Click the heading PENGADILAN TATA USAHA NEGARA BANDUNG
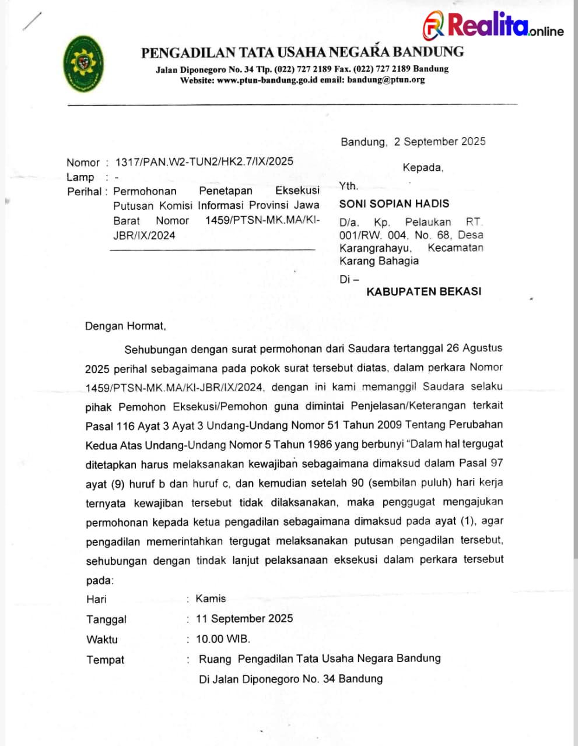coord(302,52)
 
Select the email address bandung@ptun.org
coord(386,80)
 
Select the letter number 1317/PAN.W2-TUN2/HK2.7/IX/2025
coord(204,161)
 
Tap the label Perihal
coord(84,191)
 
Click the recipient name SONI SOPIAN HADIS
coord(394,203)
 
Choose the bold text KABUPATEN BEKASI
coord(423,291)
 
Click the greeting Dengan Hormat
coord(125,326)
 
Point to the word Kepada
coord(423,168)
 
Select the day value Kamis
coord(211,599)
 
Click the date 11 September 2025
coord(244,618)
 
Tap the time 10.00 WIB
coord(223,639)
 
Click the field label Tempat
coord(106,660)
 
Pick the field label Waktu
coord(102,639)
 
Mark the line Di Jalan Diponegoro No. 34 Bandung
coord(290,679)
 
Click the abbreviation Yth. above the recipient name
coord(348,186)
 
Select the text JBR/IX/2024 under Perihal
coord(144,235)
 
